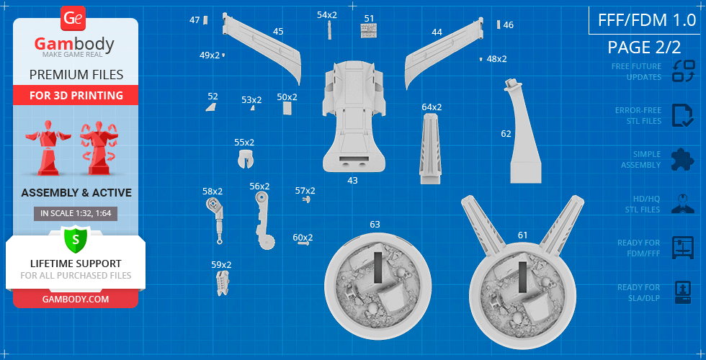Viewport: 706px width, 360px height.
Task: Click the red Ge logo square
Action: [x=73, y=19]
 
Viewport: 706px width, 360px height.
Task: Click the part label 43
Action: [x=352, y=181]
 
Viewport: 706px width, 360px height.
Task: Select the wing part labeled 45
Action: [x=261, y=48]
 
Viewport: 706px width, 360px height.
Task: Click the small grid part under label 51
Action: [x=369, y=30]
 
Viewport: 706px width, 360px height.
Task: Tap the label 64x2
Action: [x=432, y=107]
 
